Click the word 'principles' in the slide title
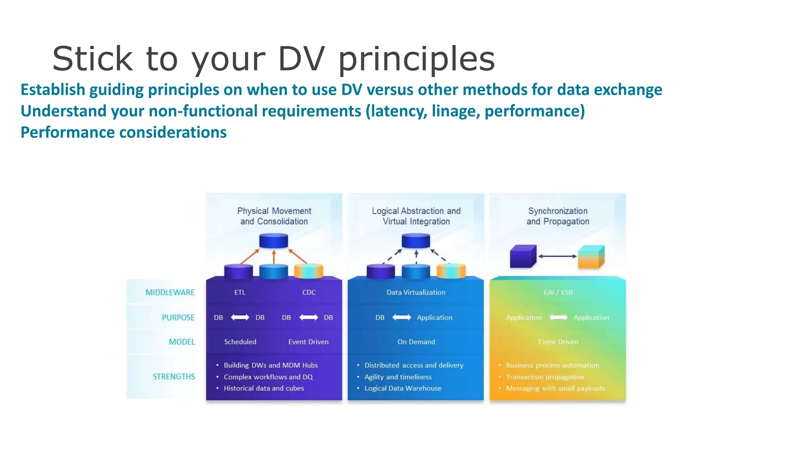coord(416,59)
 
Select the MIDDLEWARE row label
coord(170,292)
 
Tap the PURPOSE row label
coord(178,317)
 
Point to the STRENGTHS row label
coord(174,376)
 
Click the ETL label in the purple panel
coord(240,292)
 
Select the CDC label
coord(309,292)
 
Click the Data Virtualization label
coord(415,292)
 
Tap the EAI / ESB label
coord(558,292)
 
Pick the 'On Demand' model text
coord(416,342)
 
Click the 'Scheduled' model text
coord(240,342)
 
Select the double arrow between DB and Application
coord(401,317)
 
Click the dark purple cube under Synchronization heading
coord(522,257)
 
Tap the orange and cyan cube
coord(591,257)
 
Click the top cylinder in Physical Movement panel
coord(273,241)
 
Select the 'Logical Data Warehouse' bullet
coord(403,388)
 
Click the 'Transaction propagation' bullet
coord(545,377)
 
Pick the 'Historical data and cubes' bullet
coord(263,388)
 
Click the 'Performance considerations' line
coord(123,132)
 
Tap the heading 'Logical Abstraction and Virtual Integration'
coord(416,216)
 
